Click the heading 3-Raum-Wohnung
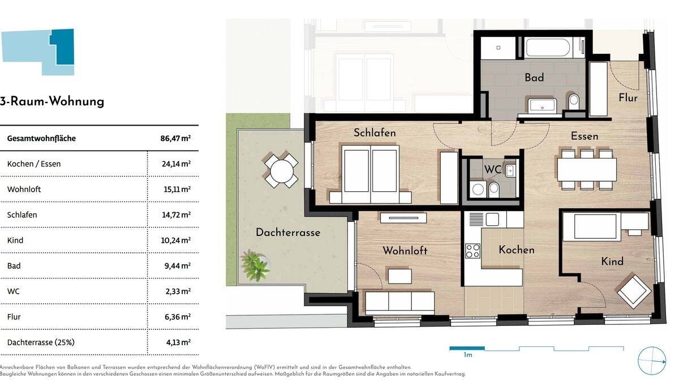52,102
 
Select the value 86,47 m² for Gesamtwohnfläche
175,138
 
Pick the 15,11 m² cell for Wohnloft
176,189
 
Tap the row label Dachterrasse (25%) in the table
41,342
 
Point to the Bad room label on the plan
534,78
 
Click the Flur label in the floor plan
628,98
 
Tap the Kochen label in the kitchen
516,250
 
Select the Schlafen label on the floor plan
375,133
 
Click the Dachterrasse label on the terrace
287,233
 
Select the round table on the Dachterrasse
281,169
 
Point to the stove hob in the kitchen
472,250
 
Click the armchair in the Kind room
634,290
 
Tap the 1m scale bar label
467,355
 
